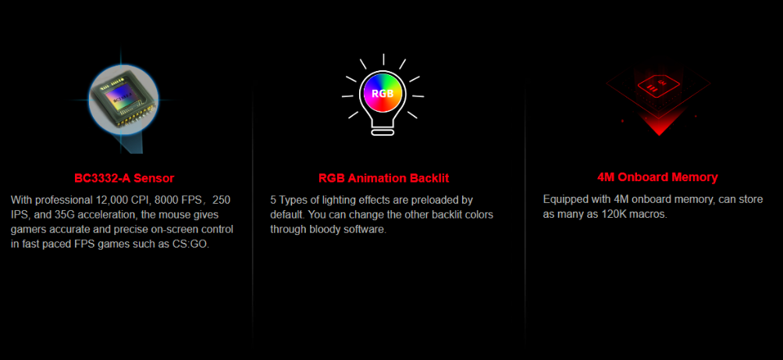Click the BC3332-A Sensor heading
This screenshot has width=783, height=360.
pyautogui.click(x=124, y=178)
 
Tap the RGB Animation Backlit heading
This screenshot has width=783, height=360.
pyautogui.click(x=383, y=178)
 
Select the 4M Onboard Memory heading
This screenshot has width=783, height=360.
pyautogui.click(x=657, y=176)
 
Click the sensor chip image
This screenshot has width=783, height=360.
pyautogui.click(x=123, y=98)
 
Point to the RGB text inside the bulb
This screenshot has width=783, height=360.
pyautogui.click(x=383, y=94)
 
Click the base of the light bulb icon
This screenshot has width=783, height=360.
pyautogui.click(x=383, y=132)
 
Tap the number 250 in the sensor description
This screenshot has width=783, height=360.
pyautogui.click(x=222, y=200)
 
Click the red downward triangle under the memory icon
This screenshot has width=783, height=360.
pyautogui.click(x=659, y=125)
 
